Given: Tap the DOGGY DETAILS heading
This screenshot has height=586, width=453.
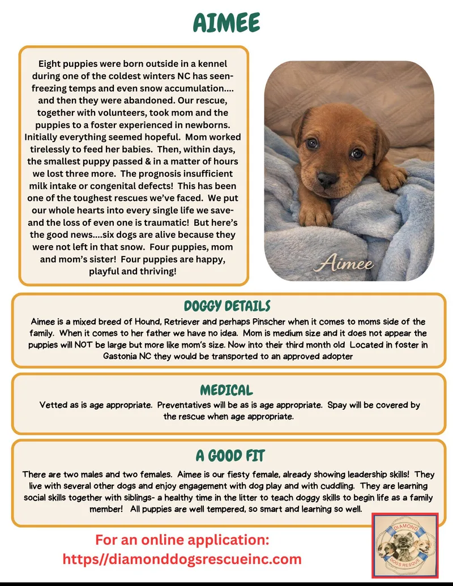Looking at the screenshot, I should (226, 306).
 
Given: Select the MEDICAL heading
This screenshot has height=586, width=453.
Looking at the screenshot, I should (226, 390).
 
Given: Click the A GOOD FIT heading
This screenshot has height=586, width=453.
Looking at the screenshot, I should (230, 456).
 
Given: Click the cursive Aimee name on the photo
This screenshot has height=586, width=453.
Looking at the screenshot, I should (346, 264).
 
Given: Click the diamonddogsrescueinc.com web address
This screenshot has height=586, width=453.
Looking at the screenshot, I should (182, 559).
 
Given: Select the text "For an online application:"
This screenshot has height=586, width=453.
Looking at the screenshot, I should (182, 539).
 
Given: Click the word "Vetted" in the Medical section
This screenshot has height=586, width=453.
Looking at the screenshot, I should (54, 405).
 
